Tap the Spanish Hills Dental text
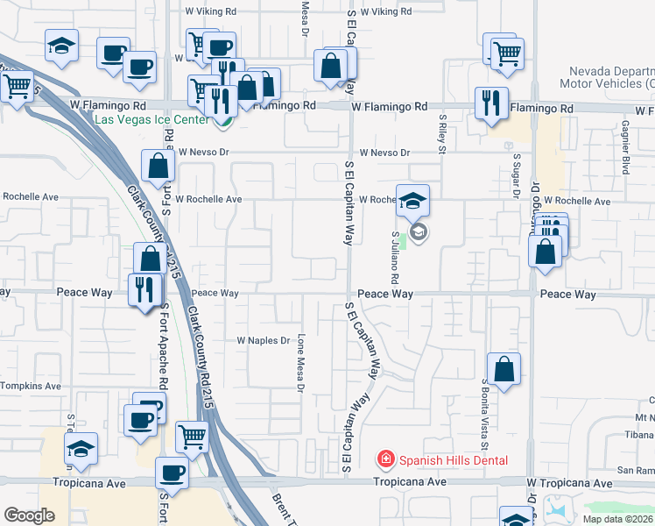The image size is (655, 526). [452, 459]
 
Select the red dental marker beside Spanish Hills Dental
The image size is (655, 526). [384, 458]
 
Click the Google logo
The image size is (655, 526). [29, 515]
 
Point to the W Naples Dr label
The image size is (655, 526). [263, 340]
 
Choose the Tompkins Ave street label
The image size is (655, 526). [31, 386]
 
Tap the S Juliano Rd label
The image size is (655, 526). [396, 256]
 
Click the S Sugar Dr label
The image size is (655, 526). [517, 158]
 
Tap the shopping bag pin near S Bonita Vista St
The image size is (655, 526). [504, 371]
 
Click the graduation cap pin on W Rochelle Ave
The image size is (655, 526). [412, 201]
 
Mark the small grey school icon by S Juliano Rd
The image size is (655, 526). [418, 232]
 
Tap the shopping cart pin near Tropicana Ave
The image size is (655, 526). [191, 436]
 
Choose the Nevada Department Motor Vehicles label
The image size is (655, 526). [610, 77]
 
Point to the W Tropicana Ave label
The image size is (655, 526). [569, 484]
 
